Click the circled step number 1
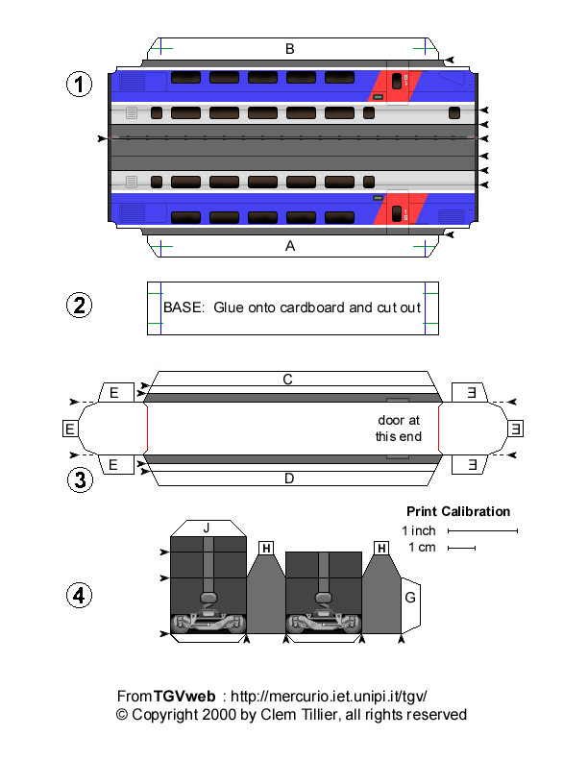tap(79, 85)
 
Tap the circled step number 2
tap(79, 307)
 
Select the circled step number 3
tap(79, 479)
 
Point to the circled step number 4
tap(79, 596)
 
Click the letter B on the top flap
tap(289, 48)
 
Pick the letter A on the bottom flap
tap(289, 246)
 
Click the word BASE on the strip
tap(183, 307)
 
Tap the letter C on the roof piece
tap(287, 380)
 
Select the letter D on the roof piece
tap(287, 477)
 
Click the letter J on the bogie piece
tap(206, 528)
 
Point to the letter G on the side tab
tap(410, 598)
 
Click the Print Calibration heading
tap(457, 511)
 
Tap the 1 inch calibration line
tap(482, 530)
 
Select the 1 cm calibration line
tap(462, 549)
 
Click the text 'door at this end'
tap(398, 429)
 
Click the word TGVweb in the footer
tap(182, 696)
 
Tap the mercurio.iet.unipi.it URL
tap(328, 696)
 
